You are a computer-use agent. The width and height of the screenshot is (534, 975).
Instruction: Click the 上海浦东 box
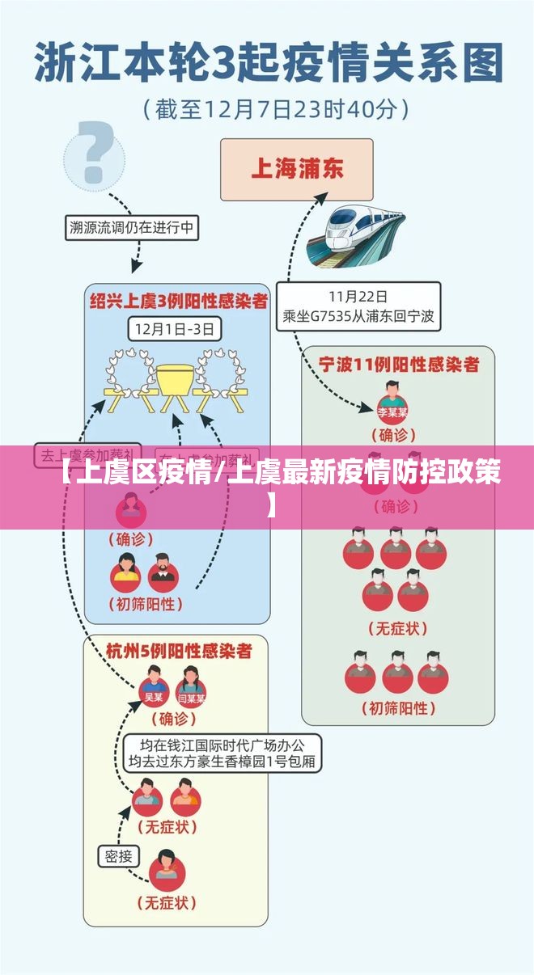296,169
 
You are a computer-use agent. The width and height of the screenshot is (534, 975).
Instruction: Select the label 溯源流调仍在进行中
131,228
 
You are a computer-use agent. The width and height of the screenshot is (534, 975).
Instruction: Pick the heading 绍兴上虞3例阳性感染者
177,302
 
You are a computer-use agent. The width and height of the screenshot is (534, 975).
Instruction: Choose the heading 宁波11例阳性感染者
398,365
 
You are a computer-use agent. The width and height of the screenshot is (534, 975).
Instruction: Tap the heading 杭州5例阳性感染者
179,650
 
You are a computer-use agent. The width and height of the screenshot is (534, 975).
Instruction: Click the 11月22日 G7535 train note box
358,306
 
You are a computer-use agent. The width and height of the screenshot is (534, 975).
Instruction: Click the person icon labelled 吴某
153,686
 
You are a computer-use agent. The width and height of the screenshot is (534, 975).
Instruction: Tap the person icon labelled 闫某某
191,686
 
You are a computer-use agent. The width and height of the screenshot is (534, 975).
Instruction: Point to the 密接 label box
119,855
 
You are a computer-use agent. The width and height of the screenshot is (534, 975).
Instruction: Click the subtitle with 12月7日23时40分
275,108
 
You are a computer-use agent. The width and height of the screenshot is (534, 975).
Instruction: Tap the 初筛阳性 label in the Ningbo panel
398,708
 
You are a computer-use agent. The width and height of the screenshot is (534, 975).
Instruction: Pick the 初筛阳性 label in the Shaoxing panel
145,603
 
